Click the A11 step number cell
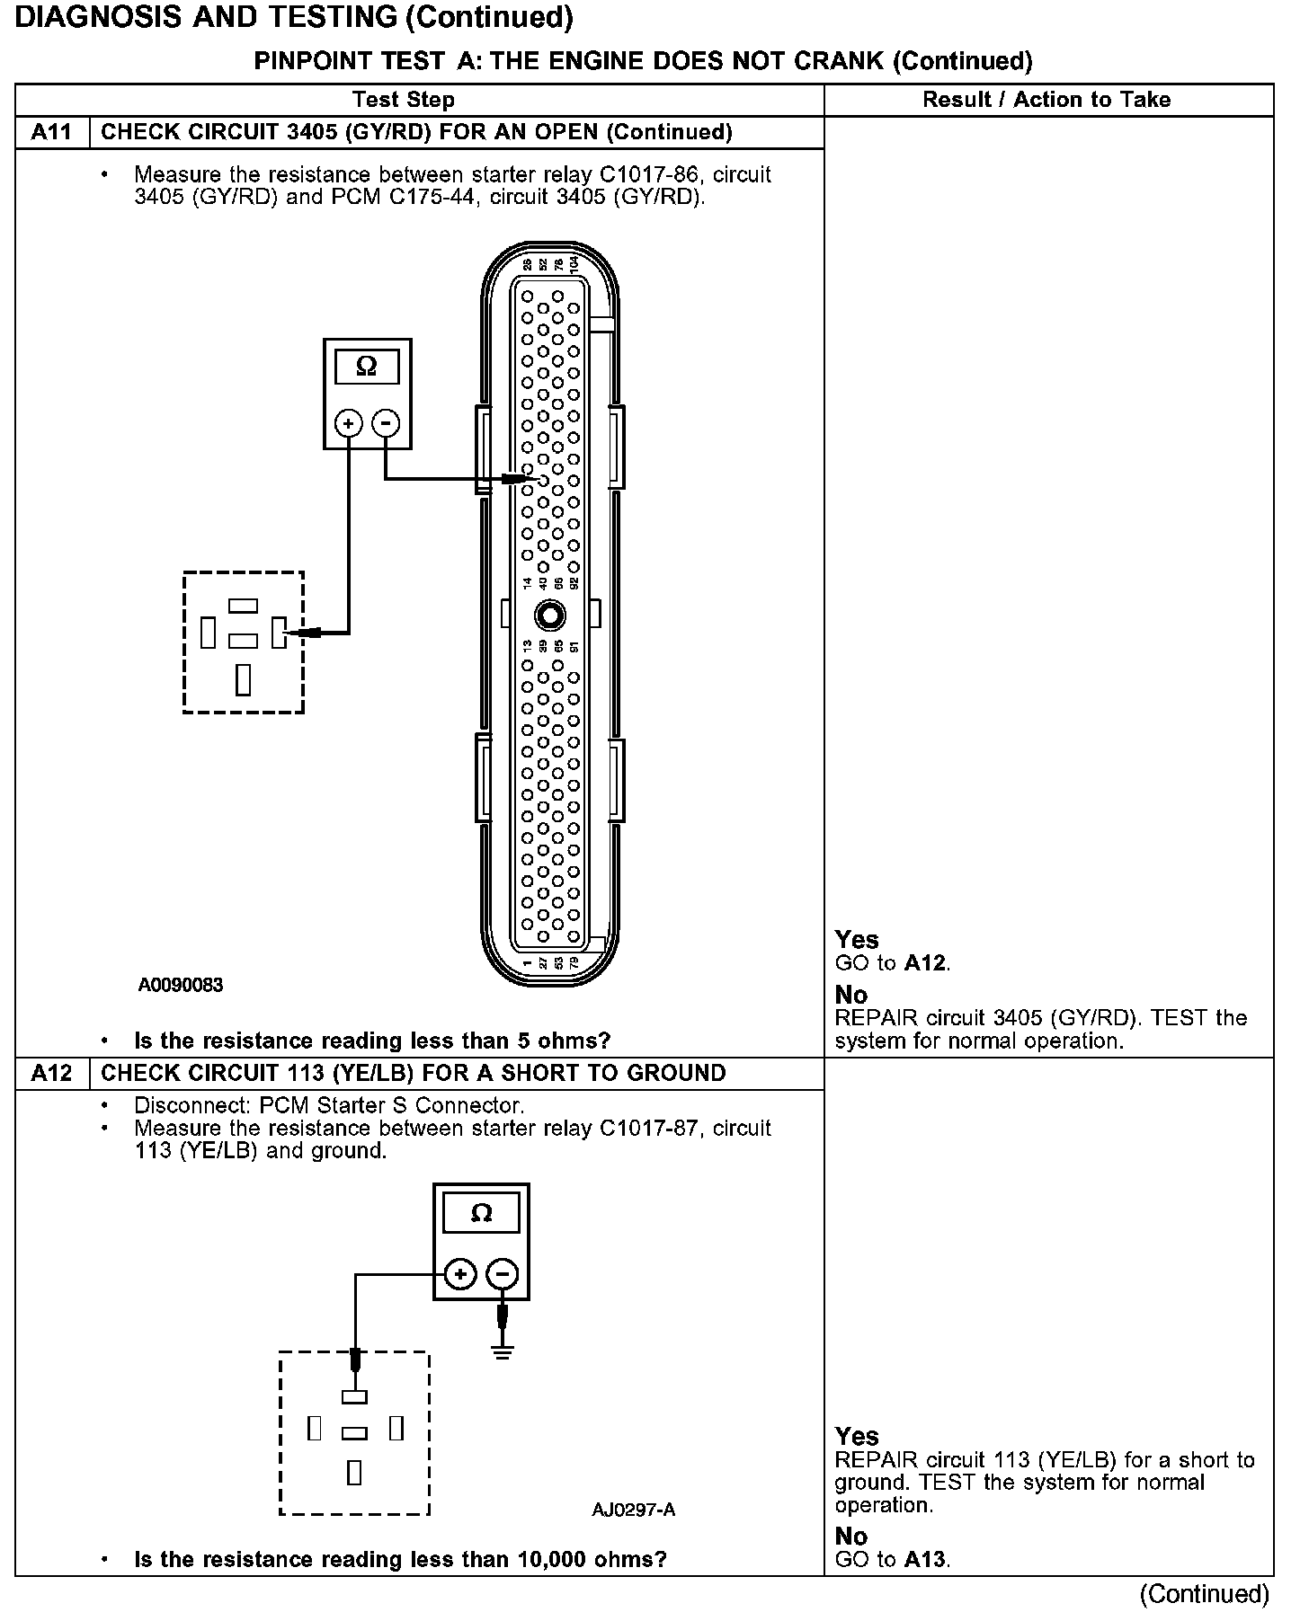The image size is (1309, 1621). (51, 133)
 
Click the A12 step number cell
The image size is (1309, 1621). (51, 1074)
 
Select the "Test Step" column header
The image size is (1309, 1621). (404, 100)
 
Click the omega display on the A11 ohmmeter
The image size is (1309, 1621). (367, 367)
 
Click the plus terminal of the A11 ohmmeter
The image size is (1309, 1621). (349, 423)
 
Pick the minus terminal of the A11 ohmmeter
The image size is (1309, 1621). (386, 423)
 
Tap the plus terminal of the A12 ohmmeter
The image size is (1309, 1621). (460, 1274)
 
